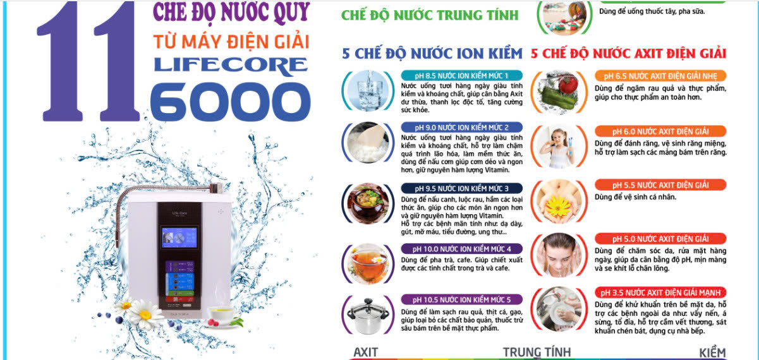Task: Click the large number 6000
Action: pos(230,102)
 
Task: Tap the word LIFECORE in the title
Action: pos(231,65)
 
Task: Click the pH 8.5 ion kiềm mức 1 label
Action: pos(461,76)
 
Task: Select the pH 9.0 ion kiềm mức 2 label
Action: pos(461,128)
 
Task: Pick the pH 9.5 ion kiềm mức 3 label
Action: pos(461,188)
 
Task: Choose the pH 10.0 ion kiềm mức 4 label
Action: pos(461,249)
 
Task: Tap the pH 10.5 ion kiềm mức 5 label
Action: pos(461,300)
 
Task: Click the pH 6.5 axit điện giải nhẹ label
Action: pos(660,76)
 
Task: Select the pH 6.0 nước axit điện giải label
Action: pos(660,131)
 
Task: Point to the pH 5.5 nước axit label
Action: pos(660,185)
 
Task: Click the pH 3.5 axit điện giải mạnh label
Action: pos(660,292)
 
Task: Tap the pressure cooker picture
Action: pos(368,315)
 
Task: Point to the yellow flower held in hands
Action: pos(558,205)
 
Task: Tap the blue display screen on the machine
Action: pos(179,237)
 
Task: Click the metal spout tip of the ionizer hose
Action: pos(216,188)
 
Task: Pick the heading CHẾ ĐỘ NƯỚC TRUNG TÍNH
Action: pos(430,15)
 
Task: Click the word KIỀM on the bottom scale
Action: pos(713,352)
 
